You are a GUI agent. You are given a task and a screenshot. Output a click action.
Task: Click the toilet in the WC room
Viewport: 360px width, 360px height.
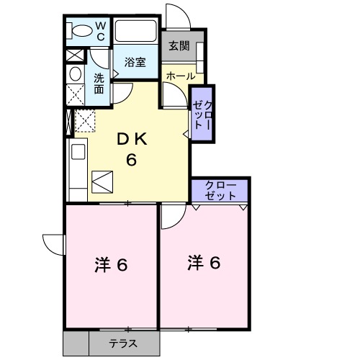coord(78,31)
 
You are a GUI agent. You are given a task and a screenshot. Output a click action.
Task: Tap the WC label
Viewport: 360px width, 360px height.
coord(101,32)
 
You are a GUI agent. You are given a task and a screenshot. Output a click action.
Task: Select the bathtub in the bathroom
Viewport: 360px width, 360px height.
coord(136,32)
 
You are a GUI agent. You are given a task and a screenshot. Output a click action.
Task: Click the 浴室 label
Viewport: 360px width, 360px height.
coord(135,62)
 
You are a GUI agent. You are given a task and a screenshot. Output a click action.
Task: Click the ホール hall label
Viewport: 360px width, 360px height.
coord(180,75)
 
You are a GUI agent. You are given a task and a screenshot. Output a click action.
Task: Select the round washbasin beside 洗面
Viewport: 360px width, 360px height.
coord(76,73)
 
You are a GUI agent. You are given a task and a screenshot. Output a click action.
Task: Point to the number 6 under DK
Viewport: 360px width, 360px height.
coord(132,160)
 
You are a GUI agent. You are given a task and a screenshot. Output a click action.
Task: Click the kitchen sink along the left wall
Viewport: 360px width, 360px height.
coord(78,154)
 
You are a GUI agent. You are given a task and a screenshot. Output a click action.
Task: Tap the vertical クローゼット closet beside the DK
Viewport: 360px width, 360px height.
coord(201,114)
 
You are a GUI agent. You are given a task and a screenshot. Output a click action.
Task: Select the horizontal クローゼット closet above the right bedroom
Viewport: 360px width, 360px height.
coord(220,190)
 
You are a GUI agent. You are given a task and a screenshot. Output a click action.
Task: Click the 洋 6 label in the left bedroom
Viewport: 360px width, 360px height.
coord(111,265)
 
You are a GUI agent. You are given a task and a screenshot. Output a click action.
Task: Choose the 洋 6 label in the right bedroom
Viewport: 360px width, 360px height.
coord(204,263)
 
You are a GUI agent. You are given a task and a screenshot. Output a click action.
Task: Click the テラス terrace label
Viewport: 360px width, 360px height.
coord(123,344)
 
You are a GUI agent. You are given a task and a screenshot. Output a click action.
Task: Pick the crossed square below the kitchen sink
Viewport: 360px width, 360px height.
coord(102,181)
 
